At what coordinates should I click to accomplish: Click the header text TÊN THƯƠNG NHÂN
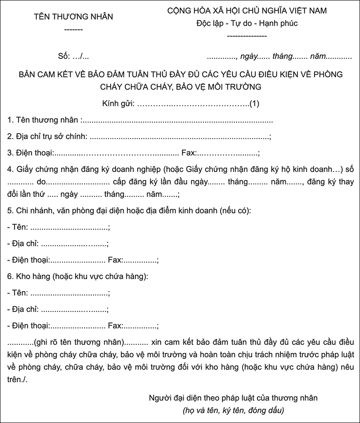click(x=73, y=17)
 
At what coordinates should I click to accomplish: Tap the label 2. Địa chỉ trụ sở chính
click(x=48, y=137)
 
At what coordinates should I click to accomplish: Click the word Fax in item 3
click(x=188, y=153)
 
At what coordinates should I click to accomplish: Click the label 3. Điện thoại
click(x=31, y=153)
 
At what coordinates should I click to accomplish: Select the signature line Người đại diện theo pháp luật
click(x=233, y=398)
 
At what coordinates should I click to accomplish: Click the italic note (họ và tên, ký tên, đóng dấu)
click(x=233, y=410)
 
